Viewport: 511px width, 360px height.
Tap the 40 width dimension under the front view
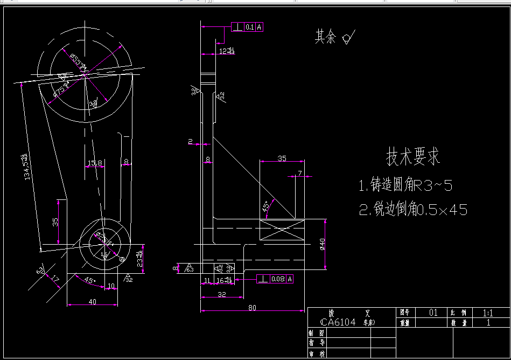coord(92,302)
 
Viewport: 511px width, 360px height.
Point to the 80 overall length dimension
coord(252,308)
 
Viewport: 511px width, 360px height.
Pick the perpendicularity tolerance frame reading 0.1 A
coord(248,26)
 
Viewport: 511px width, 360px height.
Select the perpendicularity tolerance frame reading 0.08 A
coord(276,279)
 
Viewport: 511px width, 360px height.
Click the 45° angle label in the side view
coord(265,207)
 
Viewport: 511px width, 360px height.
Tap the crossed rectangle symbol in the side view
coord(282,230)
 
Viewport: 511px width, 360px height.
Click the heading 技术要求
coord(413,157)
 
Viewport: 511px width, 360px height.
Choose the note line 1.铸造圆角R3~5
coord(405,186)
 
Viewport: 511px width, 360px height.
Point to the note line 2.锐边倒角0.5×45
coord(413,210)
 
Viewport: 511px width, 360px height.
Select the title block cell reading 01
coord(433,312)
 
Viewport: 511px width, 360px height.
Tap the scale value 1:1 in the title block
coord(488,312)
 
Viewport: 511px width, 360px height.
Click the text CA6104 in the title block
coord(338,322)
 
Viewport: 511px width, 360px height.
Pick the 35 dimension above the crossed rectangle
coord(282,158)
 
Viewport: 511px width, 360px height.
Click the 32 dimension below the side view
coord(221,294)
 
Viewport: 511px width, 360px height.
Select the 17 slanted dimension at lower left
coord(55,279)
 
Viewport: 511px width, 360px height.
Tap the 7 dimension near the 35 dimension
coord(300,174)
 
